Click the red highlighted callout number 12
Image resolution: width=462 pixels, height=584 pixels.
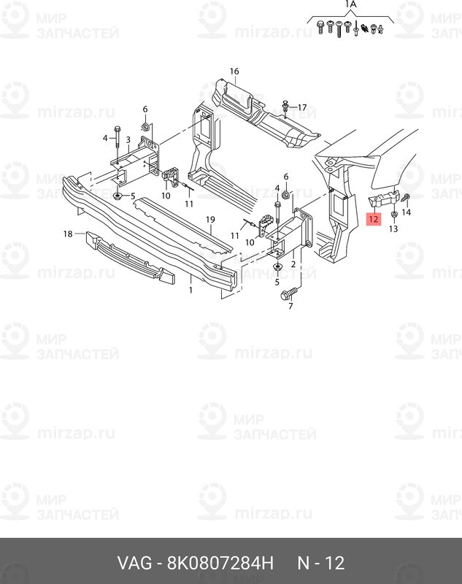click(373, 219)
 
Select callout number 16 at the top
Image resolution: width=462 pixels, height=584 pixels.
click(234, 71)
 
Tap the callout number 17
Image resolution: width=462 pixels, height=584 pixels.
click(302, 107)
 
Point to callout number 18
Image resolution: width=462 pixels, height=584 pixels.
click(68, 234)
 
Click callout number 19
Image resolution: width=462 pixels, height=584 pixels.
click(210, 220)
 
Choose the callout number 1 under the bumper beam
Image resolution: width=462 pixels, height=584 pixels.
click(190, 290)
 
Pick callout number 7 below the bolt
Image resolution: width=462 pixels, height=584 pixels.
click(290, 306)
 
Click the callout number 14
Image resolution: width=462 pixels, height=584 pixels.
click(406, 212)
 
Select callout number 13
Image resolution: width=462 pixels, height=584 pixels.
click(393, 228)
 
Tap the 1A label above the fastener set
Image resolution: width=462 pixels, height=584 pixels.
click(350, 4)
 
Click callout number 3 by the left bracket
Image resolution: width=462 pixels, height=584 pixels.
click(128, 140)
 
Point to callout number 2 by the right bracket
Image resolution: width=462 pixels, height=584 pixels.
click(293, 264)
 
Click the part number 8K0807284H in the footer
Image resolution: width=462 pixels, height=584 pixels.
click(220, 563)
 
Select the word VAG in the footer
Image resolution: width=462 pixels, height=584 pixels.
click(135, 563)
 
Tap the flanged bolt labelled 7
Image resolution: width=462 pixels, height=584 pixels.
click(289, 293)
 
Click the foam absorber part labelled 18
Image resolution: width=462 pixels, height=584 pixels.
click(130, 256)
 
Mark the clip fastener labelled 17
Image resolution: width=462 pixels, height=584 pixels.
click(285, 106)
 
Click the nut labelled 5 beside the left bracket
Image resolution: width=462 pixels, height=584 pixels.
click(118, 196)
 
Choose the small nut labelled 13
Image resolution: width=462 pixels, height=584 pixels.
click(394, 215)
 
